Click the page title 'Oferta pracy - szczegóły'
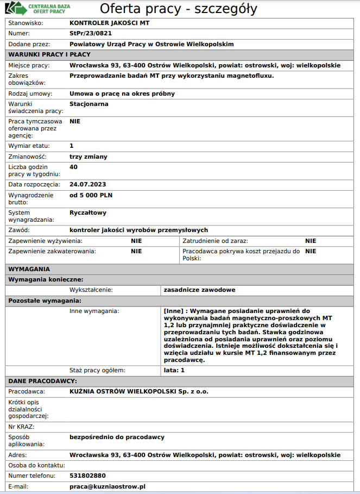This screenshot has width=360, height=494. (x=178, y=9)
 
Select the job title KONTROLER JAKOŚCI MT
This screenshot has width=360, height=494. (x=109, y=23)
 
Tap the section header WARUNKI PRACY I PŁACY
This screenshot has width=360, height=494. (x=49, y=54)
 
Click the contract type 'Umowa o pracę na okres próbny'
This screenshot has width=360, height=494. (x=122, y=93)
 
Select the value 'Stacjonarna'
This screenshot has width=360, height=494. (x=89, y=104)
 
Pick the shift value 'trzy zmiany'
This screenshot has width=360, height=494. (x=89, y=157)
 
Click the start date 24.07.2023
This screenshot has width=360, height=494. (x=88, y=184)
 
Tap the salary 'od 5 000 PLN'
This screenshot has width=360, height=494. (x=91, y=195)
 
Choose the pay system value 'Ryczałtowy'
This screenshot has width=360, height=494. (x=88, y=212)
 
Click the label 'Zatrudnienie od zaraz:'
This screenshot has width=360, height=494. (x=215, y=241)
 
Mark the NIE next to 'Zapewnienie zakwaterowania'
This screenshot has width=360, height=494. (x=136, y=252)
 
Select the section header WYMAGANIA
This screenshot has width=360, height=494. (x=29, y=269)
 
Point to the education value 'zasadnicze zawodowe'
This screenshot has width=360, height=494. (x=199, y=290)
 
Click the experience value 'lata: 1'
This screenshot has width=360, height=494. (x=174, y=370)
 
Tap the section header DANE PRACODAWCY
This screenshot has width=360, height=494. (x=42, y=381)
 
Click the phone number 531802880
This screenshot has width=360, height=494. (x=88, y=476)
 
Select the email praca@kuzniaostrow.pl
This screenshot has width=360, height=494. (x=108, y=486)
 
